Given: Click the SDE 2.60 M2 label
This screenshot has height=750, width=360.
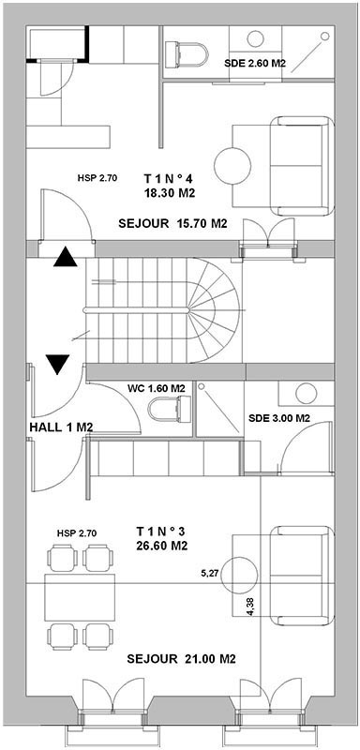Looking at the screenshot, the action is pyautogui.click(x=255, y=63).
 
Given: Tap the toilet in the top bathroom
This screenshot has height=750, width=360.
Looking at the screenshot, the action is pyautogui.click(x=187, y=55).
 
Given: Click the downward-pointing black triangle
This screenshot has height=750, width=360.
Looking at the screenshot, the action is pyautogui.click(x=58, y=364).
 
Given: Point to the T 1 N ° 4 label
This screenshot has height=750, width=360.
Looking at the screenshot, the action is pyautogui.click(x=168, y=179).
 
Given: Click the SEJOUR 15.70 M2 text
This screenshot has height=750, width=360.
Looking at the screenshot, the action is pyautogui.click(x=172, y=223).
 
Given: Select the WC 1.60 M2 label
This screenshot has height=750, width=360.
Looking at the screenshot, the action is pyautogui.click(x=157, y=388).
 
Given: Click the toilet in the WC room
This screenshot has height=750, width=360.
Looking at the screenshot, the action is pyautogui.click(x=170, y=410).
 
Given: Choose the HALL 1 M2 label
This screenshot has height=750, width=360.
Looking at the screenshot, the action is pyautogui.click(x=61, y=427).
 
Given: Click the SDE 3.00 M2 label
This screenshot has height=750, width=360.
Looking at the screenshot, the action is pyautogui.click(x=279, y=418).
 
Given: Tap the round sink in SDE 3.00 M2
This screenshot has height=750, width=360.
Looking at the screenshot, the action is pyautogui.click(x=306, y=393).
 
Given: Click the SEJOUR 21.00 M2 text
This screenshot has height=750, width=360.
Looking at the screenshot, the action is pyautogui.click(x=182, y=659).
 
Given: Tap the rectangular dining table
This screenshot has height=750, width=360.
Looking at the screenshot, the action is pyautogui.click(x=81, y=597).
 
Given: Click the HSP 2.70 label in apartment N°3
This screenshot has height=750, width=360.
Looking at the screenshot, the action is pyautogui.click(x=77, y=532).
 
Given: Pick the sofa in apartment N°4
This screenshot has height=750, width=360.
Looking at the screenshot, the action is pyautogui.click(x=302, y=166).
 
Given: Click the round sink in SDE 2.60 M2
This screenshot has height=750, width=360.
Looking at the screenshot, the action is pyautogui.click(x=255, y=39).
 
